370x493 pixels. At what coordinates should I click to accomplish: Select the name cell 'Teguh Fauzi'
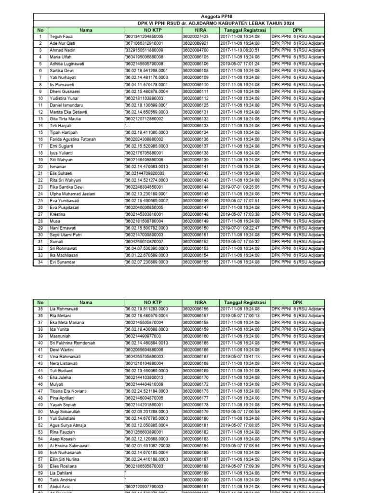point(62,37)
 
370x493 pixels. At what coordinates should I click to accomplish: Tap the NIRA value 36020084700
point(196,50)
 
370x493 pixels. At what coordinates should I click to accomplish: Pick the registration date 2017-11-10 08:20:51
point(240,50)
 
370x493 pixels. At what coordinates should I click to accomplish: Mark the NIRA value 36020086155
point(196,262)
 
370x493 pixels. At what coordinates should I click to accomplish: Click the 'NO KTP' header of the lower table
point(153,302)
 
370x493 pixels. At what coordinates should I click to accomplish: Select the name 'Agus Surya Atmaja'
point(68,426)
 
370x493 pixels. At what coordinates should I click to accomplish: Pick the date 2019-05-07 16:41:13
point(240,357)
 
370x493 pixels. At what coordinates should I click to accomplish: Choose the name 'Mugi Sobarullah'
point(66,412)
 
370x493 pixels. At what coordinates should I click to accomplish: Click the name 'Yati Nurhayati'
point(65,78)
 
